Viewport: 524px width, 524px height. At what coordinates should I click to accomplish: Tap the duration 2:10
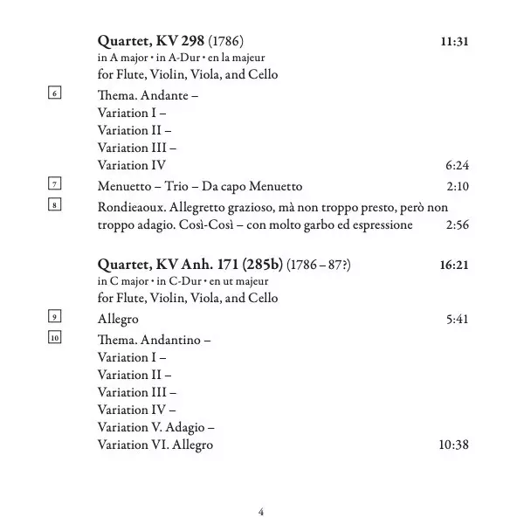click(458, 187)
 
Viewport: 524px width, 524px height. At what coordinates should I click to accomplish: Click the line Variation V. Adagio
click(156, 428)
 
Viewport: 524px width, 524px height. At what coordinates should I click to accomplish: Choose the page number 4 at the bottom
click(261, 511)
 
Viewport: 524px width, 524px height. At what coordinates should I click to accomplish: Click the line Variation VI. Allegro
click(155, 445)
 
